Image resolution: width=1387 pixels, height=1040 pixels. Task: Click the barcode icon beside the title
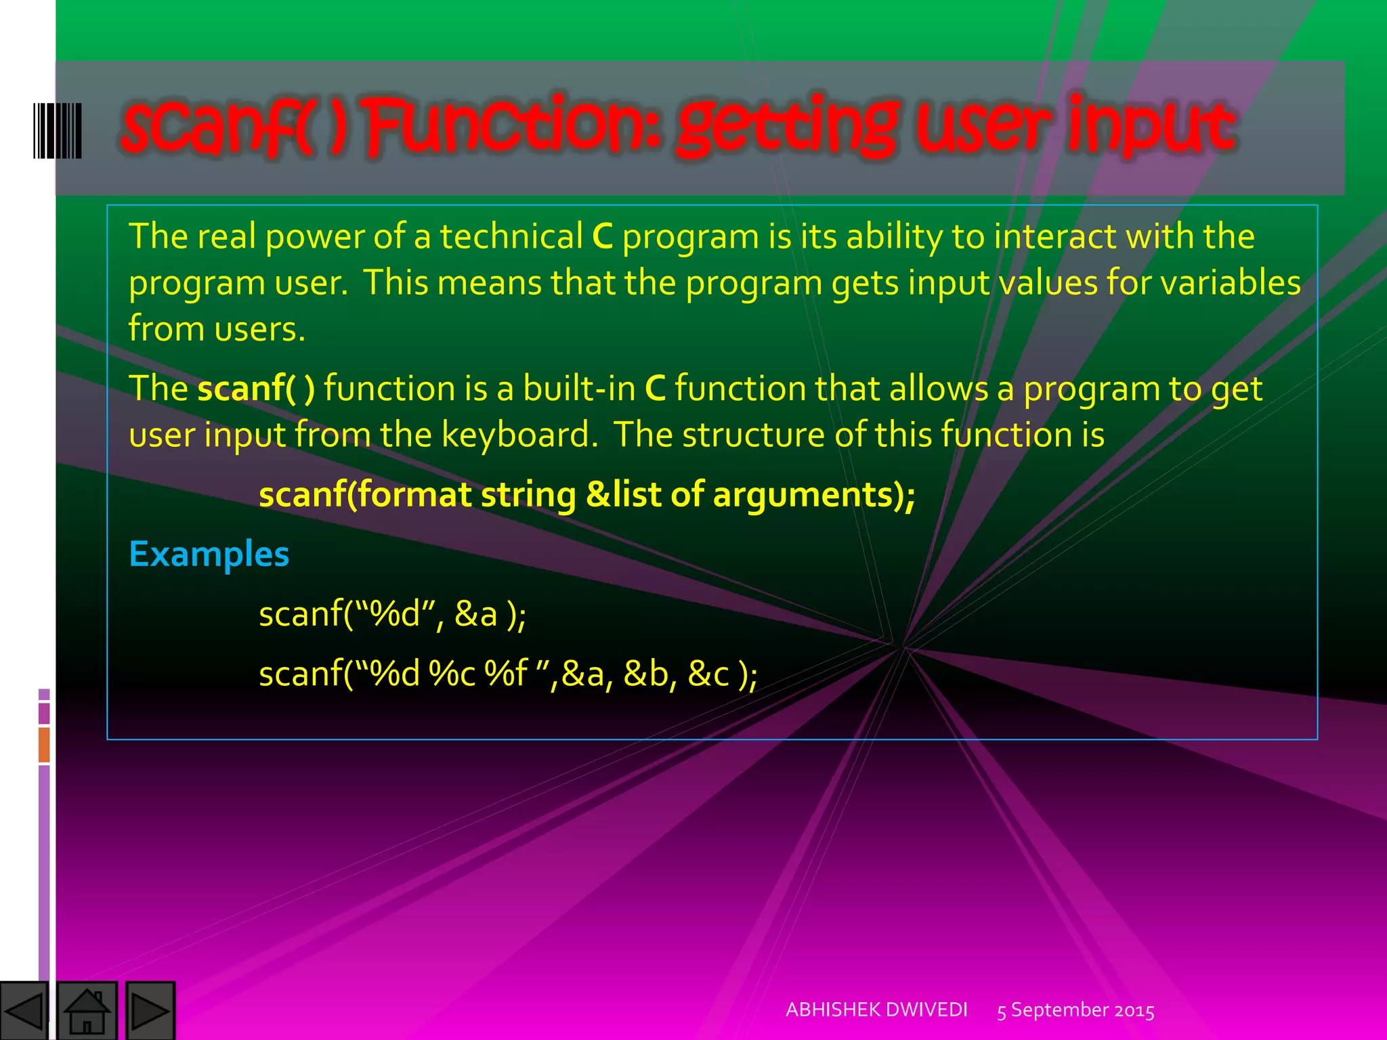(x=58, y=131)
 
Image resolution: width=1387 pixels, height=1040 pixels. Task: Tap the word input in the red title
(x=1152, y=127)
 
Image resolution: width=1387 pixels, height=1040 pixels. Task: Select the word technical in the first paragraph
(x=511, y=237)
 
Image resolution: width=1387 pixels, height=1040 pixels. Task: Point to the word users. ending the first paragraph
(x=260, y=330)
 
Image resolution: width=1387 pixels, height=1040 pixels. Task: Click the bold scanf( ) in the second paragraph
(x=256, y=389)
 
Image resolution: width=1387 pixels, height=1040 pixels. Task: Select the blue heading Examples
(x=209, y=555)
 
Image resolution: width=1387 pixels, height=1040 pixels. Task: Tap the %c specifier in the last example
(x=452, y=674)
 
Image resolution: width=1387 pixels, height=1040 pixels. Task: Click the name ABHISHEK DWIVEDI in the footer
(x=876, y=1010)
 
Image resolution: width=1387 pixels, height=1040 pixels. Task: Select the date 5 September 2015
(x=1075, y=1010)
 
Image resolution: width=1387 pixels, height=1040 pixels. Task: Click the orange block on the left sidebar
(x=44, y=744)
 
